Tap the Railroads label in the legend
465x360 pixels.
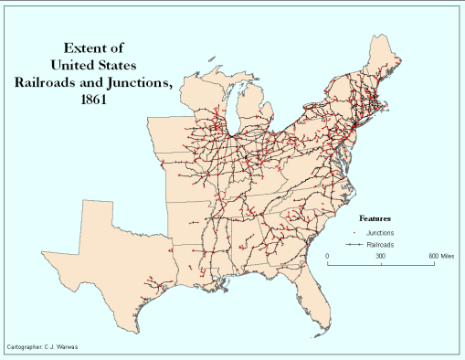tap(381, 245)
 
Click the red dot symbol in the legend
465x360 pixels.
tap(353, 233)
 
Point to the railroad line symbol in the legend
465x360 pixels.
tap(353, 245)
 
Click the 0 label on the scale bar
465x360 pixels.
tap(327, 257)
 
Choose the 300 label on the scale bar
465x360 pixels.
tap(380, 257)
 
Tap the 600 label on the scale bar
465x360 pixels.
tap(430, 257)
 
